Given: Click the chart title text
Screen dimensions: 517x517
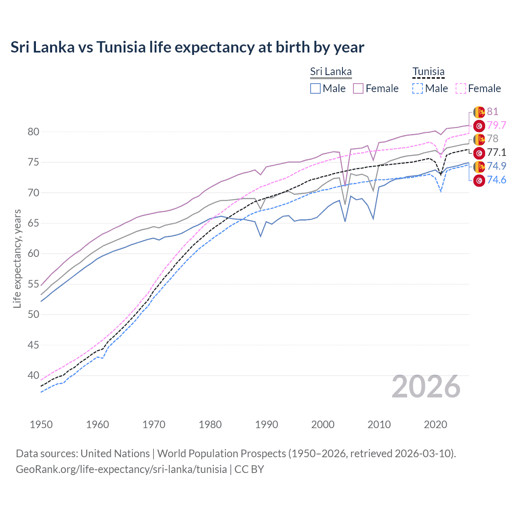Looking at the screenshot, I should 187,47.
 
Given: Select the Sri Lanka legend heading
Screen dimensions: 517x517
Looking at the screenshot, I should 331,71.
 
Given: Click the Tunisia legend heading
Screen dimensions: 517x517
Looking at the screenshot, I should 428,71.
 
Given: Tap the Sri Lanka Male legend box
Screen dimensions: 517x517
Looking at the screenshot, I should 315,88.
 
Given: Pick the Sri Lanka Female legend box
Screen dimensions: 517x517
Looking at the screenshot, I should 358,88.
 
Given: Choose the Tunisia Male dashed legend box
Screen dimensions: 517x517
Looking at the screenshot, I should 418,88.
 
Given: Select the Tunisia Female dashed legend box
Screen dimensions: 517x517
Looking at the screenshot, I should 461,88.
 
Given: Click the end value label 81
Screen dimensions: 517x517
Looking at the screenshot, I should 492,111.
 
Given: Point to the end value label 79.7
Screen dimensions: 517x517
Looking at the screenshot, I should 496,125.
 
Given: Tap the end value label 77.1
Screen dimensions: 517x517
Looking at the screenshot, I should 496,152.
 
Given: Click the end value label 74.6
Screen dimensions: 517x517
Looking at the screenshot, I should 496,180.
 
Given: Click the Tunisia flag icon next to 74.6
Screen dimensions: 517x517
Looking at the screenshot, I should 479,180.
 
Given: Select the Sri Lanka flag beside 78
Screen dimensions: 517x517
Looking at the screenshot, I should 479,139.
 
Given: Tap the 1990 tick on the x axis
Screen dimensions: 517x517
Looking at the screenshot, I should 267,425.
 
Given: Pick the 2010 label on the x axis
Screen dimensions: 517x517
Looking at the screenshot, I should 379,425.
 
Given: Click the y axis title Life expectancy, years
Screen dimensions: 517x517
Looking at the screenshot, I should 17,258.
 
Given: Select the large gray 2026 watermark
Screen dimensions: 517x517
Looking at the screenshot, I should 426,387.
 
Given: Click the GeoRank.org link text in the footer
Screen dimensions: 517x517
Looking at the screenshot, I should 121,469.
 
